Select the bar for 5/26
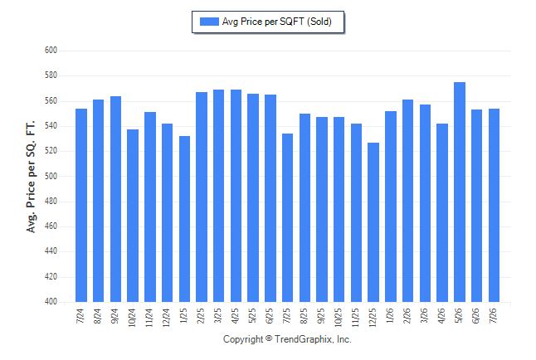click(460, 192)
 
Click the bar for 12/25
click(373, 222)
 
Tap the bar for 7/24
click(81, 206)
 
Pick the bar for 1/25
click(184, 219)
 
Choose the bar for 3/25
click(218, 196)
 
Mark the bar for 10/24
click(133, 216)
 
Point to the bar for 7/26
click(494, 206)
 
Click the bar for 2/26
click(408, 201)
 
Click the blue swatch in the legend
click(209, 22)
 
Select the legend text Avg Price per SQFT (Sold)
click(277, 22)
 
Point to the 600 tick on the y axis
click(51, 51)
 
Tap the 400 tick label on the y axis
click(51, 302)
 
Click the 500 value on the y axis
click(51, 176)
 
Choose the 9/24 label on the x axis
click(115, 316)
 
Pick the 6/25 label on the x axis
click(270, 316)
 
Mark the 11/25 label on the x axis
click(355, 318)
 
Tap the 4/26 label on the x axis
click(441, 316)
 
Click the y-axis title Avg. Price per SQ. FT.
click(31, 177)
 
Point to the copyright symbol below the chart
click(269, 338)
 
